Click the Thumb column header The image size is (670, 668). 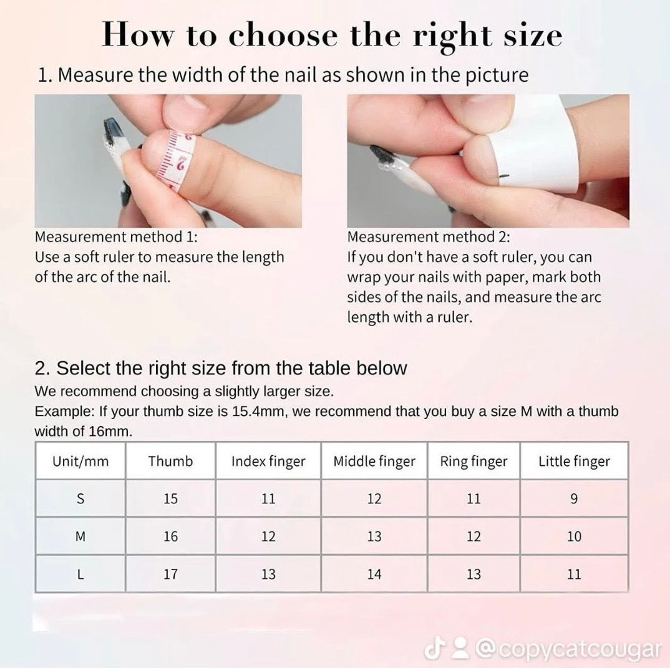point(170,462)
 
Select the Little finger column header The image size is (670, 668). point(574,462)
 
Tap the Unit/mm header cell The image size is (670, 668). point(80,462)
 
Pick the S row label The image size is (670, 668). point(80,498)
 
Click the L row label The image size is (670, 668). point(80,574)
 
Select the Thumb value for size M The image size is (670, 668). point(170,536)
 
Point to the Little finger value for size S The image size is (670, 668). point(574,498)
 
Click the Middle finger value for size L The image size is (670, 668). point(374,574)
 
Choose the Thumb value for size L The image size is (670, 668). point(170,574)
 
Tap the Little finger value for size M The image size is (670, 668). point(574,536)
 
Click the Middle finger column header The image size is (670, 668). point(374,462)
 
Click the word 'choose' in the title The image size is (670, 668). point(283,35)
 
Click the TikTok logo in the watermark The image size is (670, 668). point(433,649)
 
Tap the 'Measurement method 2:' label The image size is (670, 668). point(429,236)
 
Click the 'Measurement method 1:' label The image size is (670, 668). point(116,236)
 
